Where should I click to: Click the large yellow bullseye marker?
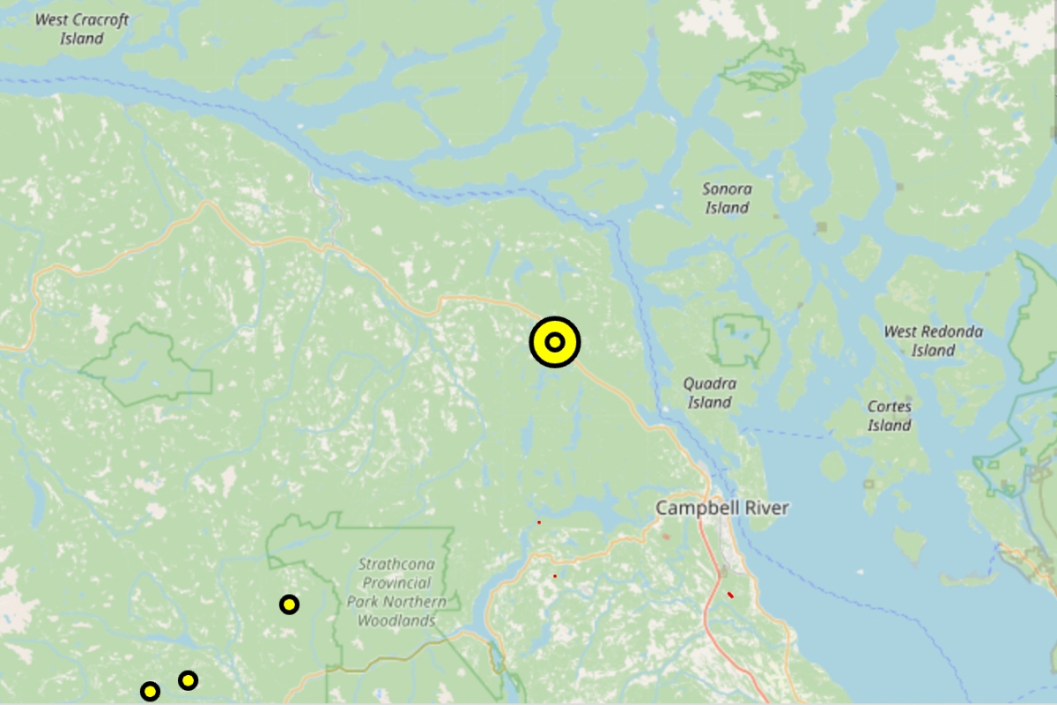coord(555,342)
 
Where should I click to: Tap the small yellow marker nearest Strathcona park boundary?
coord(289,605)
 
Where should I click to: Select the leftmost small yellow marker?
coord(151,692)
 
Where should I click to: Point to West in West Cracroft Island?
coord(50,19)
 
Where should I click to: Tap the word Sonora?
coord(727,189)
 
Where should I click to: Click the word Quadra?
coord(710,384)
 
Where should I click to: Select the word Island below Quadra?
coord(710,403)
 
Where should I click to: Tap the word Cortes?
coord(890,407)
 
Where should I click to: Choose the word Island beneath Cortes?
coord(890,426)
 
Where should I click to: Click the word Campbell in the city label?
coord(693,508)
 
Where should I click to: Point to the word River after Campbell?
coord(765,508)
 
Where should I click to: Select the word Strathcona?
coord(403,564)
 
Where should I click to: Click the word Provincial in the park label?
coord(396,583)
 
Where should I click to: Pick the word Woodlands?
coord(396,620)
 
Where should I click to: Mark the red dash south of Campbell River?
coord(730,595)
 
